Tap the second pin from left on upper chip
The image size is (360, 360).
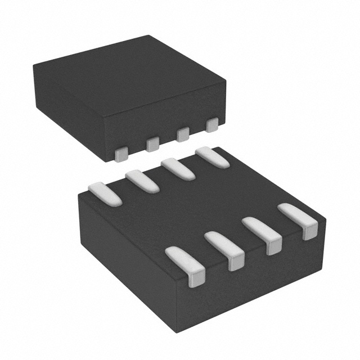pyautogui.click(x=152, y=145)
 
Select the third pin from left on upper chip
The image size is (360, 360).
pyautogui.click(x=182, y=134)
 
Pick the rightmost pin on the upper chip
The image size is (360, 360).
pyautogui.click(x=212, y=124)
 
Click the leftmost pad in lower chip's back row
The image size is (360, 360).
pyautogui.click(x=105, y=192)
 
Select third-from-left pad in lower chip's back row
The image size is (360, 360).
pyautogui.click(x=178, y=169)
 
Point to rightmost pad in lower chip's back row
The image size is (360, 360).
pyautogui.click(x=212, y=158)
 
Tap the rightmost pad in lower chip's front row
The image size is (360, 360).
pyautogui.click(x=299, y=219)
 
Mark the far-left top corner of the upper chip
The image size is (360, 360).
pyautogui.click(x=34, y=65)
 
